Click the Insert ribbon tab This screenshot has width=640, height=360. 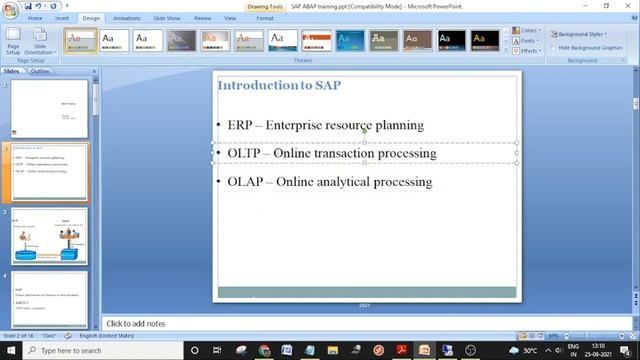[62, 18]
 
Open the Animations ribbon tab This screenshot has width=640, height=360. [126, 18]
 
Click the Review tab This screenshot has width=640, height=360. [202, 18]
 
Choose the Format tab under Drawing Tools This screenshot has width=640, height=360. [264, 18]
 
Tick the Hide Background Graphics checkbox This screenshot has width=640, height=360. [554, 47]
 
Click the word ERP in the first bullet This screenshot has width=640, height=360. [239, 126]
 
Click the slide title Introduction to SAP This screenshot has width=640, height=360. [279, 85]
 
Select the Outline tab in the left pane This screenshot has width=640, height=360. [40, 72]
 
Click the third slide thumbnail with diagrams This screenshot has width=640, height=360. [49, 236]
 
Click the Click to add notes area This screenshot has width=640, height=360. [300, 324]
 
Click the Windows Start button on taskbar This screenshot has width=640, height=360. [9, 351]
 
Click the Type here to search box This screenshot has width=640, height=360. [80, 351]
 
